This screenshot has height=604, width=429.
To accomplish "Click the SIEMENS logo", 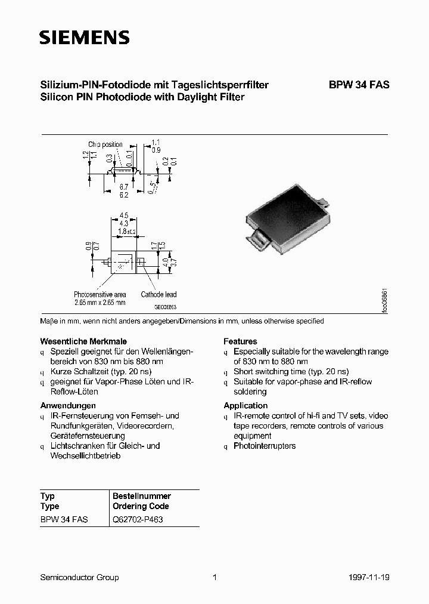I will coord(84,38).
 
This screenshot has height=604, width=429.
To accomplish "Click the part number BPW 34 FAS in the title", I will coord(359,85).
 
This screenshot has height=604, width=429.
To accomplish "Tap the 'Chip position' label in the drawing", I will coord(105,144).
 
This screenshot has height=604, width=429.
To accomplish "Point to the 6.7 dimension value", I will coord(123,187).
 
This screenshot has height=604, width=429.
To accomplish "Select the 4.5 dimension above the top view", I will coord(124,216).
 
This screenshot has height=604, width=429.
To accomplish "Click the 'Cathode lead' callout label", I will coord(158,294).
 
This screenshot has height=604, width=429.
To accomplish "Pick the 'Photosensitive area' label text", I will coord(100,294).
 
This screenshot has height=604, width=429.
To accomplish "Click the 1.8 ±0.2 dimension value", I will coord(127,231).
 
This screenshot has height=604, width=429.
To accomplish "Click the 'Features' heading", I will coord(240,341).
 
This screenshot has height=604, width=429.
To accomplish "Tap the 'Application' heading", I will coord(245,405).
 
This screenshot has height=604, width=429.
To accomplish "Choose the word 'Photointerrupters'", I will coord(265,446).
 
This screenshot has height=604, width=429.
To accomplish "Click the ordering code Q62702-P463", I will coord(138,519).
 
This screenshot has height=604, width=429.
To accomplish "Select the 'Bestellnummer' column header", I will coord(142,496).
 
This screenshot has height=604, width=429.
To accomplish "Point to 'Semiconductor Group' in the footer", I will coord(79,577).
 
